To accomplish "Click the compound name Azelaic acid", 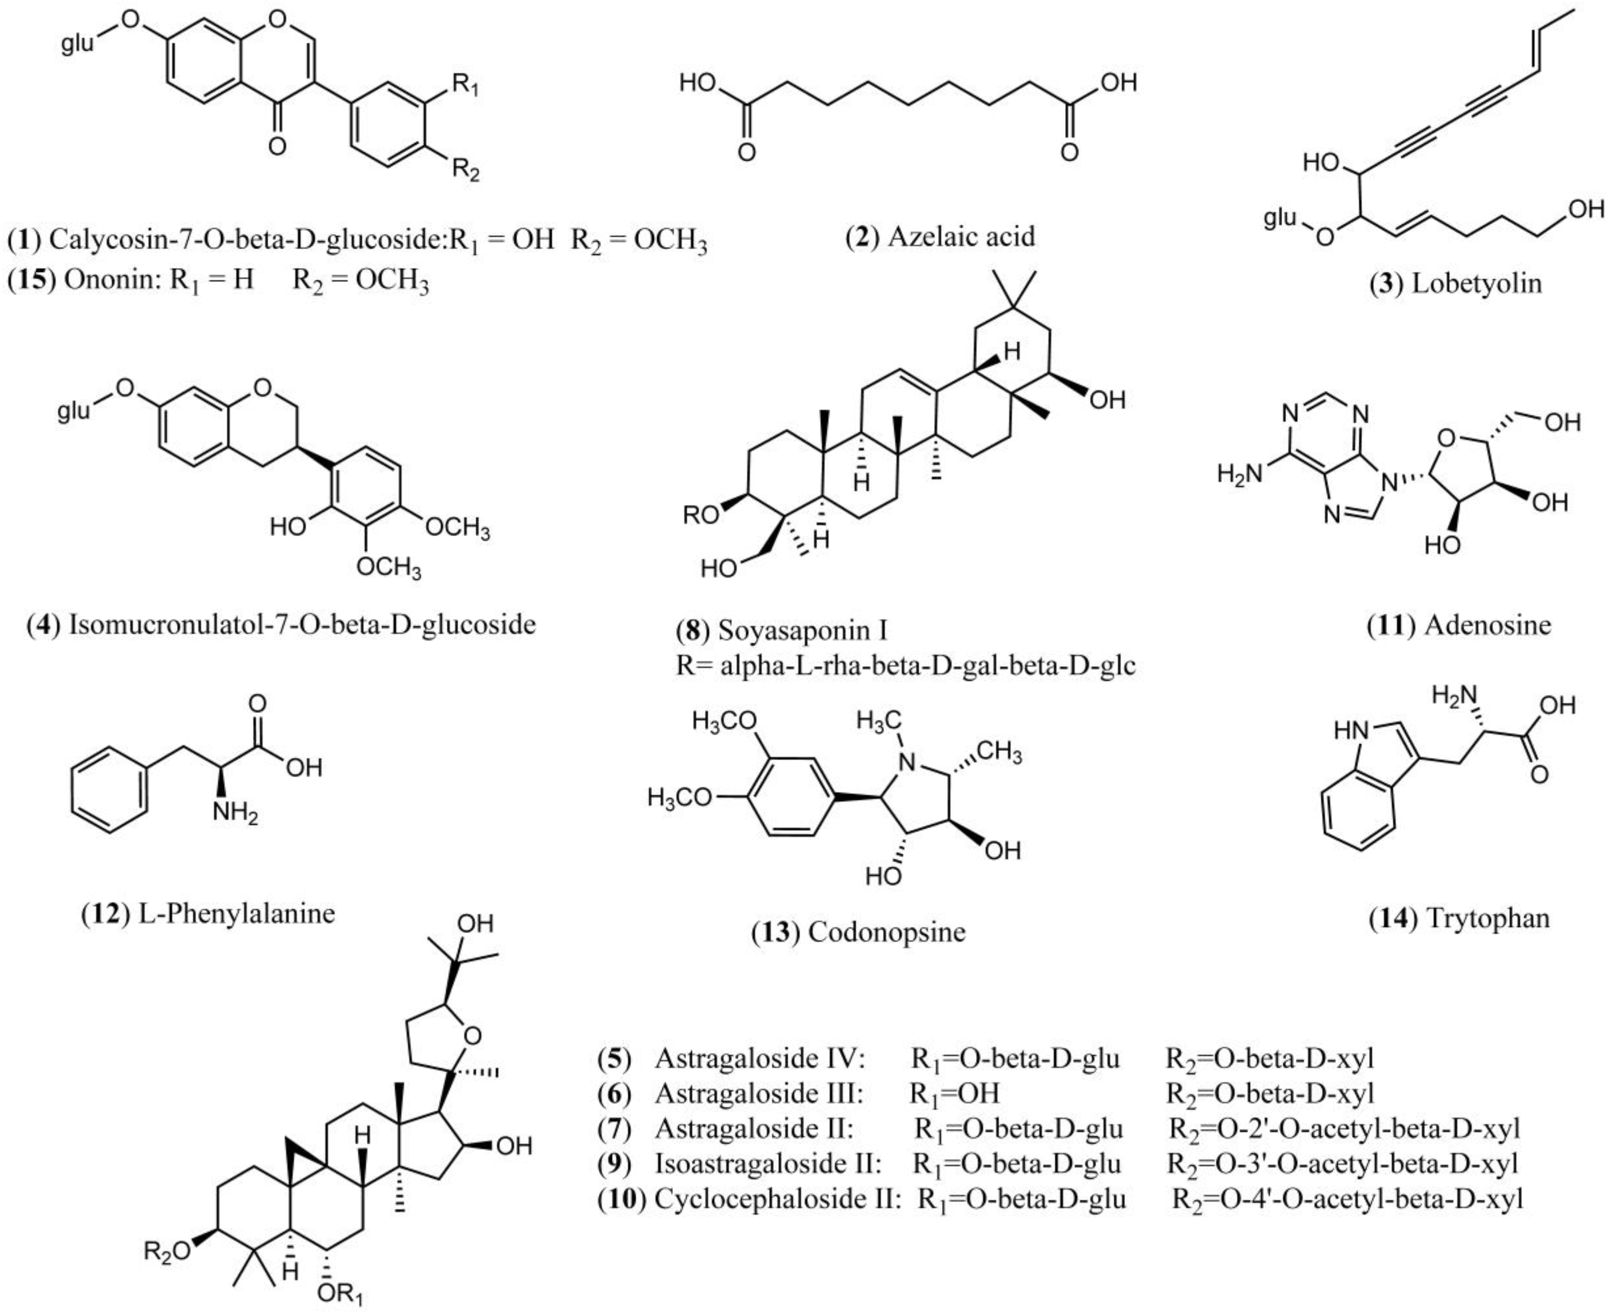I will (961, 237).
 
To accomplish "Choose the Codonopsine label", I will (886, 932).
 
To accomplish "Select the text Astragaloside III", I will (759, 1093).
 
